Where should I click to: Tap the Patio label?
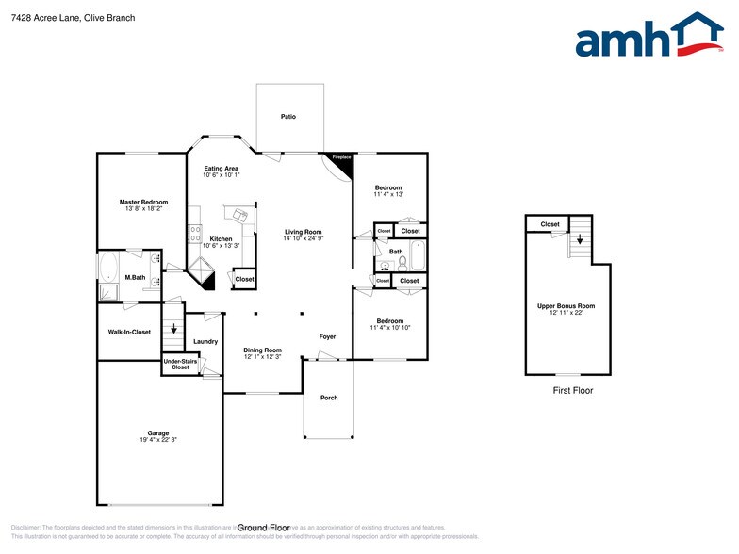288,117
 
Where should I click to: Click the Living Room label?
304,232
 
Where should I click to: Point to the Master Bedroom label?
143,203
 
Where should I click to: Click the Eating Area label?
222,169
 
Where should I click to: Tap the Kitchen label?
221,239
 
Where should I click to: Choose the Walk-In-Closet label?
129,332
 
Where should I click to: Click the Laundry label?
205,341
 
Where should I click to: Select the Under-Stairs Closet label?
180,364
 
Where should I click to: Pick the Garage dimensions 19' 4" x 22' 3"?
158,440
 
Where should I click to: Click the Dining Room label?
263,350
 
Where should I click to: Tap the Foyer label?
327,336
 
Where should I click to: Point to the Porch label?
329,398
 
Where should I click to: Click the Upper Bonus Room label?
567,306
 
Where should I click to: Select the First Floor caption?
572,390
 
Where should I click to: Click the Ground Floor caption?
264,528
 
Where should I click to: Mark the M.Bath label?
136,277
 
